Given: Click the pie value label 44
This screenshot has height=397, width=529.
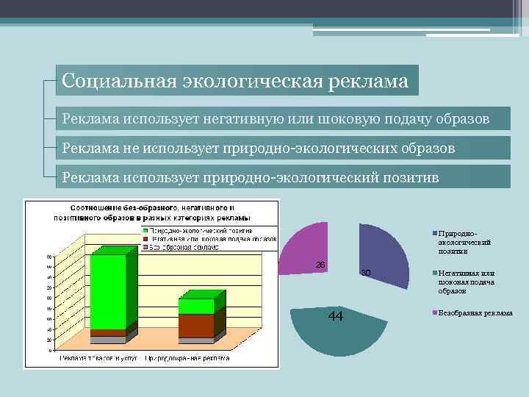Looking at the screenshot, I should coord(335,316).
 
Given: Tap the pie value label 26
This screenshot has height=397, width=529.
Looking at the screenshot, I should coord(320,264).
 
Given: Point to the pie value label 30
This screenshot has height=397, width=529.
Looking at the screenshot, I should coord(366,273).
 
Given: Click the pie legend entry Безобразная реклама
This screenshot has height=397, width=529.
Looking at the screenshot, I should coord(474,313).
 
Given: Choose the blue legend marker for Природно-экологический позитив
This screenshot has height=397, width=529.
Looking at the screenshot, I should coord(434,233).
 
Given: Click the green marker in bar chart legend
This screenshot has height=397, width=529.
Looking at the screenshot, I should coord(145,231).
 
